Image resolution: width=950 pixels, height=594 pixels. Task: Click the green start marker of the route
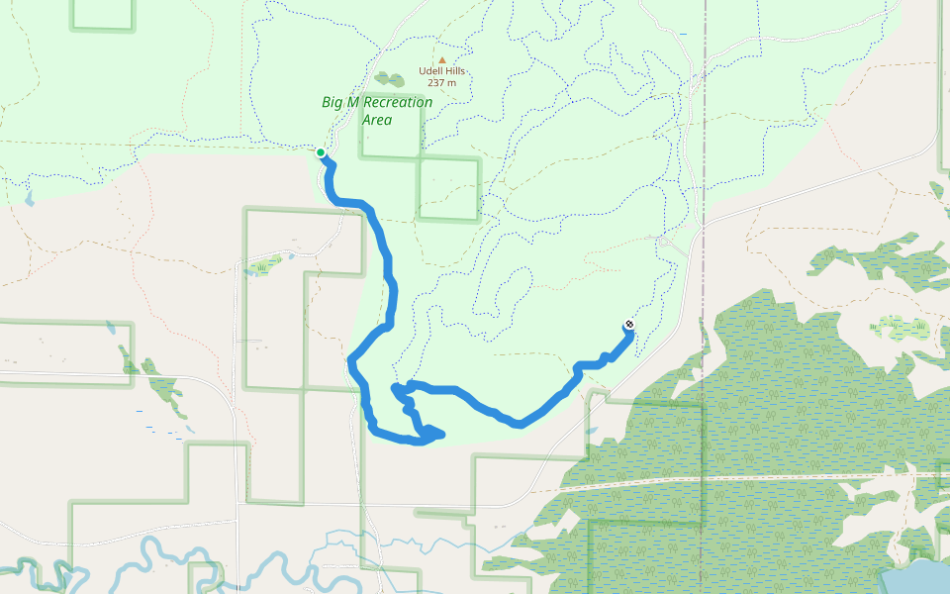(x=321, y=152)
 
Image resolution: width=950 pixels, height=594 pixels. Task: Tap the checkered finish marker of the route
(x=628, y=326)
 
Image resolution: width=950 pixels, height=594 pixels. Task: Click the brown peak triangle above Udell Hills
(x=441, y=59)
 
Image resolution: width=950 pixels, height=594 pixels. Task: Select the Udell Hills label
(x=441, y=71)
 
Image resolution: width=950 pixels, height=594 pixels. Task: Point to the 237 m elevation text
(x=441, y=83)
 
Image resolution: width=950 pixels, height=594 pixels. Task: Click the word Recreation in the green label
(x=395, y=103)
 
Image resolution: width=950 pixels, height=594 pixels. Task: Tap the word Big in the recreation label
(x=333, y=103)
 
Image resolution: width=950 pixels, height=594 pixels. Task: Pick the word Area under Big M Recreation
(x=376, y=120)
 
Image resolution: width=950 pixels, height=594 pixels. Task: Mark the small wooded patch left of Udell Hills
(x=389, y=79)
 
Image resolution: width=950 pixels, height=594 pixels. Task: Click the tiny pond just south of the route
(x=591, y=431)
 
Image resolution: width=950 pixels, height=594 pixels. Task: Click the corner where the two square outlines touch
(x=420, y=157)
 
